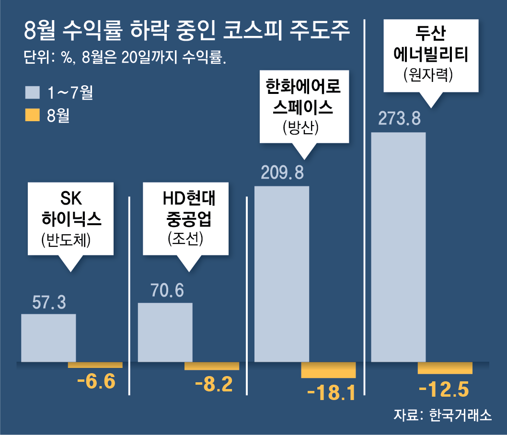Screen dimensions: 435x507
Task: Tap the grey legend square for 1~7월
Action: pos(33,92)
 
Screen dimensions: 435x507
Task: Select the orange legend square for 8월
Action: pos(33,115)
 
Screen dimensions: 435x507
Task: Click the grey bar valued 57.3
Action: pos(48,338)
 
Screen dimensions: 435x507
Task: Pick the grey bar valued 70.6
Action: pos(165,332)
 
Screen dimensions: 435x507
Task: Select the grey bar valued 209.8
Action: pos(281,274)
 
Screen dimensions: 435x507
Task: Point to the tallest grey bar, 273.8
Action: pos(398,247)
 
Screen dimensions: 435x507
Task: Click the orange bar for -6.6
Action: pos(95,365)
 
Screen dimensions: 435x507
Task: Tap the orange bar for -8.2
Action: pos(212,366)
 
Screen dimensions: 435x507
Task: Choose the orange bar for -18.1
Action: pos(328,370)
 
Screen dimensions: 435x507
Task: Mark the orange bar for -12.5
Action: pos(445,368)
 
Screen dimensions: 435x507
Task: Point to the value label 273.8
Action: pos(399,118)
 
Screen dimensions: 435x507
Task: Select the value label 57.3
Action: pos(49,302)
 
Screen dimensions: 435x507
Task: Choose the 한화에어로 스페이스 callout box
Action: pos(304,106)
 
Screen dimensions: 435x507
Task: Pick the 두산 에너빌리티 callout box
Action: pos(431,55)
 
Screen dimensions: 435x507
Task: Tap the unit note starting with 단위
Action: pos(125,58)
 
